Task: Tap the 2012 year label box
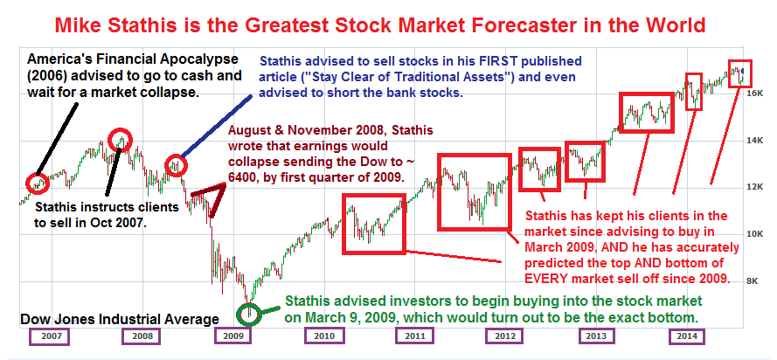click(504, 336)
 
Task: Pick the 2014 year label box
click(689, 336)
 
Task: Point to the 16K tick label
click(753, 93)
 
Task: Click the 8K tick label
click(753, 281)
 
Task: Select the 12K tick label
click(753, 187)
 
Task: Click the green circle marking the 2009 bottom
click(249, 315)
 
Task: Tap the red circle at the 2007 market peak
click(121, 140)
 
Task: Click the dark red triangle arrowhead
click(210, 199)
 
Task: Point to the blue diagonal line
click(216, 126)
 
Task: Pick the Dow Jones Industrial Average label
click(120, 320)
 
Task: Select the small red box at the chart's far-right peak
click(739, 73)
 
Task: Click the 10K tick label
click(753, 233)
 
